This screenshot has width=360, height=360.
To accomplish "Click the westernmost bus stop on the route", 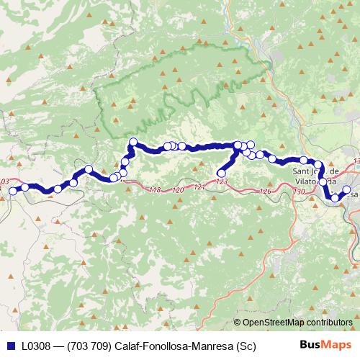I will coord(13,191).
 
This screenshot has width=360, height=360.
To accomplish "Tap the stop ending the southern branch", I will coord(221,173).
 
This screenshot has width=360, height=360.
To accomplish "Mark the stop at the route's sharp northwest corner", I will coord(132,142).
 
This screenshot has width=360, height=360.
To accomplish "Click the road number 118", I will coord(155,190).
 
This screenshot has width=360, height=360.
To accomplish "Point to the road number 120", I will coord(179,190).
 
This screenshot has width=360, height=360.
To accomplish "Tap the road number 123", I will coord(221,183).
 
